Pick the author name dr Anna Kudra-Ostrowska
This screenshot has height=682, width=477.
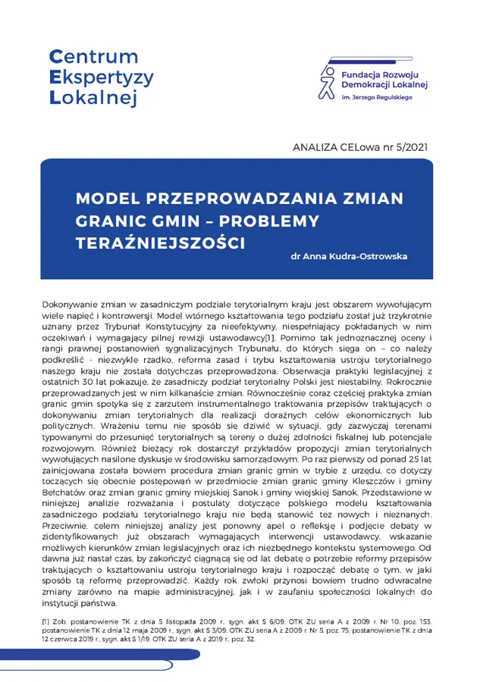coord(349,256)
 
